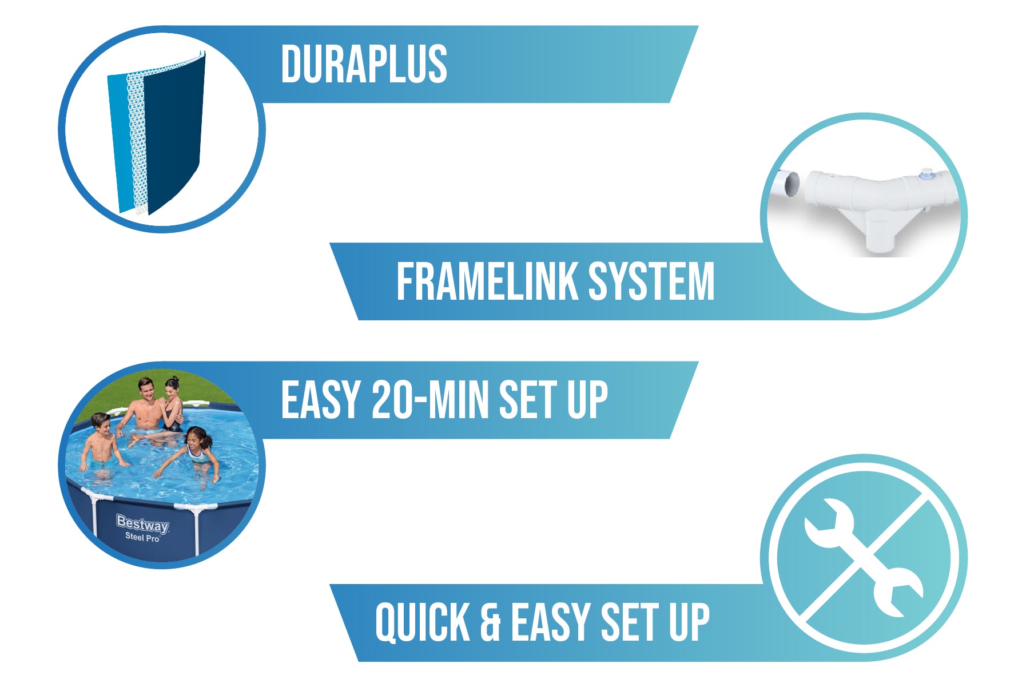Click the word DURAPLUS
[x=364, y=65]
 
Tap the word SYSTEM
[x=651, y=281]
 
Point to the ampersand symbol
[x=490, y=622]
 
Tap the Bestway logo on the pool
[x=142, y=523]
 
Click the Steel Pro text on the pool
[x=142, y=538]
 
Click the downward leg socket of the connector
[x=881, y=232]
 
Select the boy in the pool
[x=101, y=443]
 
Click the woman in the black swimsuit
[x=172, y=403]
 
